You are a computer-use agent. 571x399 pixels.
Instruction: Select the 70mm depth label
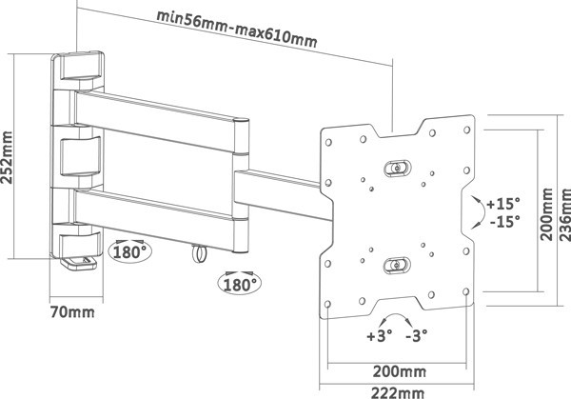click(72, 311)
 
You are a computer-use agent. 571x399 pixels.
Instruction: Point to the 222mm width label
click(398, 389)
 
